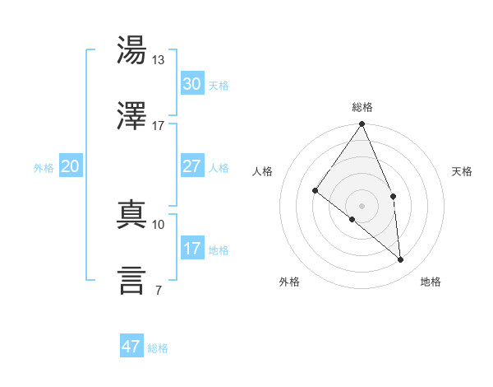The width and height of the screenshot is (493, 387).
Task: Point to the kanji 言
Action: coord(131,280)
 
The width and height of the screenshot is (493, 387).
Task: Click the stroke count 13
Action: coord(159,59)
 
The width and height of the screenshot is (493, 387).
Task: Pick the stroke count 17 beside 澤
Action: coord(159,125)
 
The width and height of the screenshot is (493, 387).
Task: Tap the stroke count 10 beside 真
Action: coord(159,224)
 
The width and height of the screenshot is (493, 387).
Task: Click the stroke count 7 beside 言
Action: coord(158,290)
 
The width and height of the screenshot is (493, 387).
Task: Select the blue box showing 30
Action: coord(191,84)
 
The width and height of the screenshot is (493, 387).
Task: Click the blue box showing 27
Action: coord(191,166)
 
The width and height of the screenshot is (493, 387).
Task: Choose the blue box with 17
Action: coord(191,249)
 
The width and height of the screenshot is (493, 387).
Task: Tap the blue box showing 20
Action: coord(70,166)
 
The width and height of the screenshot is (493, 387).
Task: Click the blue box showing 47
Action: coord(131,347)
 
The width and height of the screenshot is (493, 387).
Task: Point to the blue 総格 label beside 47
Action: coord(158,348)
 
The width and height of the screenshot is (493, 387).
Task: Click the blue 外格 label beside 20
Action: coord(44,168)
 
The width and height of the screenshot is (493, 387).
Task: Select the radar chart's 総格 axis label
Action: coord(362,107)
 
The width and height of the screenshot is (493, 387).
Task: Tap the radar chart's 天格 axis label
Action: coord(463,171)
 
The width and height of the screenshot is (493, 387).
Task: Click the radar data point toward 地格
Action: coord(400,259)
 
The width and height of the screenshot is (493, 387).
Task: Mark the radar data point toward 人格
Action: coord(315,190)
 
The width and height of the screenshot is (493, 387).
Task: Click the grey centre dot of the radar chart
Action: coord(362,205)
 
